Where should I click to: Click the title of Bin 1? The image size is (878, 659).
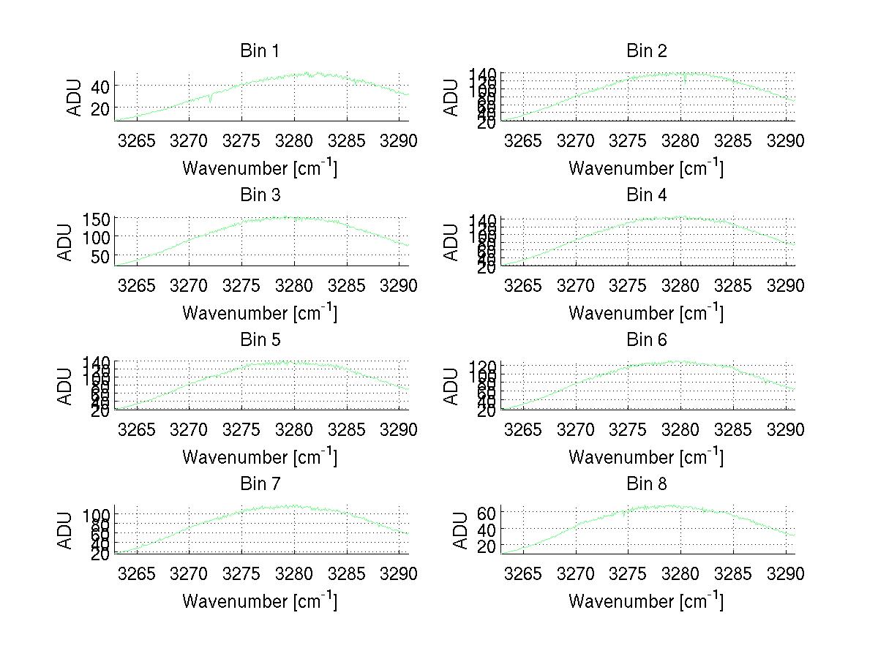[260, 51]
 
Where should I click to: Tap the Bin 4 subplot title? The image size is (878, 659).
[647, 195]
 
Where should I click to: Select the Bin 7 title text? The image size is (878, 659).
[260, 484]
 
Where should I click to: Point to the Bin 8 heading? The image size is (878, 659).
[647, 484]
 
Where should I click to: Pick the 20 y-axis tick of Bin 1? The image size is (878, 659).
[100, 108]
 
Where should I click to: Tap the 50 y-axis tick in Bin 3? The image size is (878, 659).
[100, 256]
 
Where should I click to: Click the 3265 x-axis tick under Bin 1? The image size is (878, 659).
[137, 141]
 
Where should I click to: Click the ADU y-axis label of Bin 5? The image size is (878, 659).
[67, 386]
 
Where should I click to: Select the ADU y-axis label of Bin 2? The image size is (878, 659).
[453, 97]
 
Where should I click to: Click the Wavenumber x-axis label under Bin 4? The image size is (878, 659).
[646, 312]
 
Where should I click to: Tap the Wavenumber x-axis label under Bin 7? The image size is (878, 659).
[260, 600]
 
